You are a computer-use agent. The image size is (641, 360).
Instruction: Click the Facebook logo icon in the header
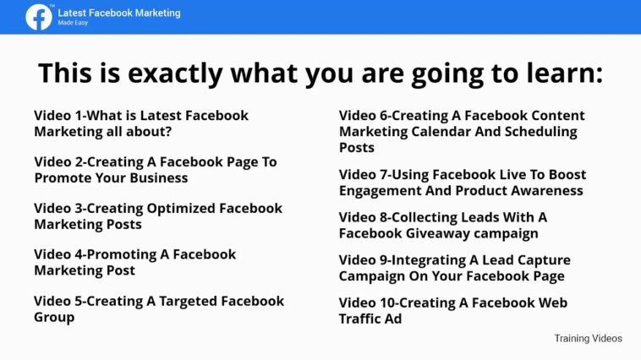pyautogui.click(x=39, y=17)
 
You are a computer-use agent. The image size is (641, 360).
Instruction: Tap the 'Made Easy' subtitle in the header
pyautogui.click(x=73, y=23)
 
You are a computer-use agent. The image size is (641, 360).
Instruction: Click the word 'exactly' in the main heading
pyautogui.click(x=175, y=74)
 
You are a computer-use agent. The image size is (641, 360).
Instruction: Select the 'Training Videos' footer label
pyautogui.click(x=589, y=338)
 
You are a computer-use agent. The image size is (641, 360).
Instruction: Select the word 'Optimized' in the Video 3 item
pyautogui.click(x=181, y=209)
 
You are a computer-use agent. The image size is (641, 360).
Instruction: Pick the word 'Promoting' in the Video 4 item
pyautogui.click(x=122, y=255)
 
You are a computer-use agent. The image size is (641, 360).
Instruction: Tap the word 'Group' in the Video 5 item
pyautogui.click(x=54, y=318)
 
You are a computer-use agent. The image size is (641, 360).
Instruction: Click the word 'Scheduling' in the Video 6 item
pyautogui.click(x=541, y=132)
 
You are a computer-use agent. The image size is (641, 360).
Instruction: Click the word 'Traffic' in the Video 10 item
pyautogui.click(x=359, y=319)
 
